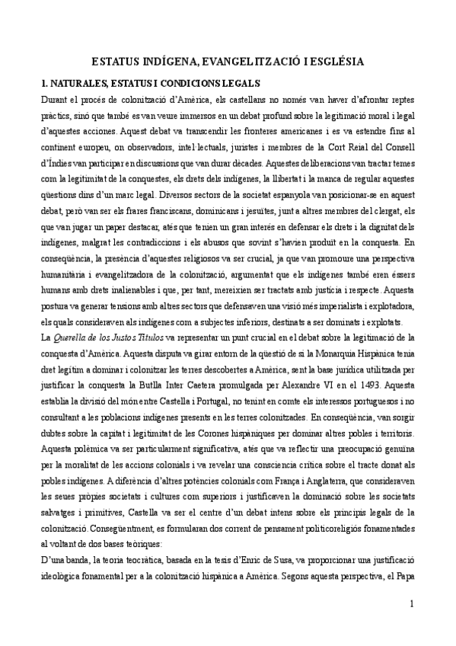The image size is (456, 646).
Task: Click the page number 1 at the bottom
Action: (411, 625)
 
